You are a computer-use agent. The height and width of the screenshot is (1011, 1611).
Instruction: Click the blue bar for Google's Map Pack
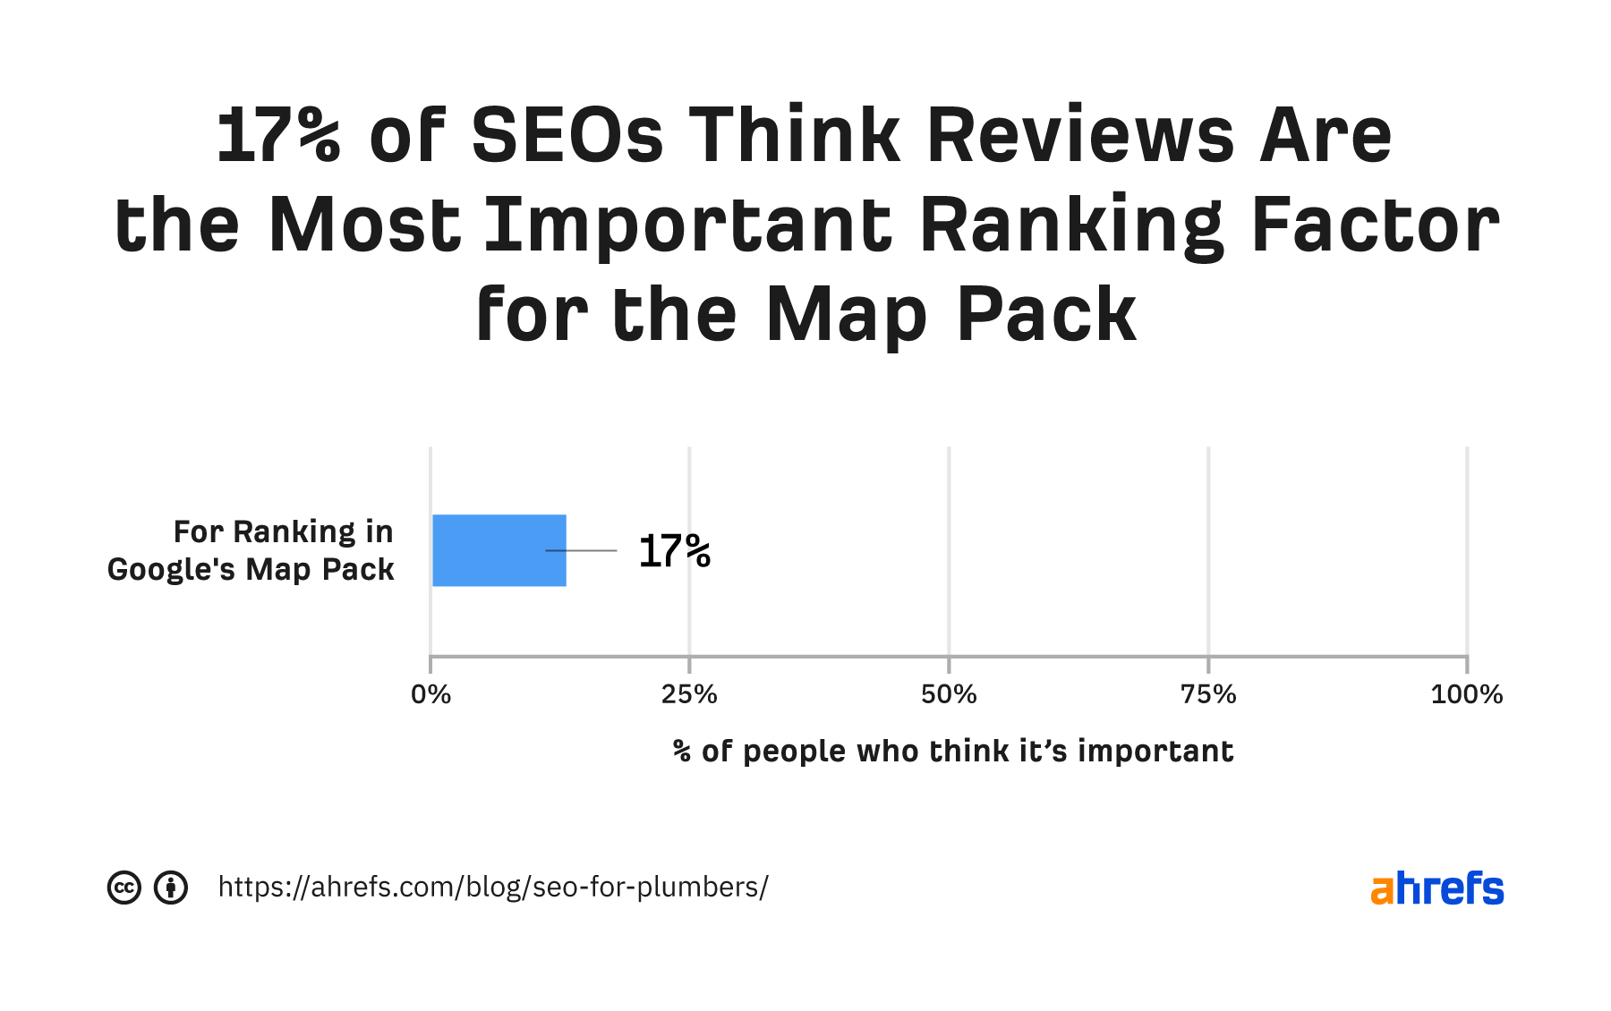pos(499,550)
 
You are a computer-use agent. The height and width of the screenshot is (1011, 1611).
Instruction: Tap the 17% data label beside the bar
pos(675,551)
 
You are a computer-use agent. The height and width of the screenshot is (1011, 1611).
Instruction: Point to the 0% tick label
pos(430,695)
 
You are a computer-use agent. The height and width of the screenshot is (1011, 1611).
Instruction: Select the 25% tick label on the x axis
pos(689,695)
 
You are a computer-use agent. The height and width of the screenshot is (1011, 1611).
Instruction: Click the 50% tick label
pos(949,695)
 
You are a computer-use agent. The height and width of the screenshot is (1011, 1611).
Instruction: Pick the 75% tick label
pos(1208,695)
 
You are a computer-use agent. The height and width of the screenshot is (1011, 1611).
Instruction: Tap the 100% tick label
pos(1466,695)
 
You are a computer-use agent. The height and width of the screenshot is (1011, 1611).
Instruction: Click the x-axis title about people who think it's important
pos(953,752)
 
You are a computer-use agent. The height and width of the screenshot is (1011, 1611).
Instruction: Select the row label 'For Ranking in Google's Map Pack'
pos(251,550)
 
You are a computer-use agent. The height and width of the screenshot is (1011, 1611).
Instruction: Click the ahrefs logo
pos(1436,888)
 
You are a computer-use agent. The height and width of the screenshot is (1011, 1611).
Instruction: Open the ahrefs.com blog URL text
pos(493,888)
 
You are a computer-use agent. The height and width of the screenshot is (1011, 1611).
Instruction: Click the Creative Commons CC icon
pos(124,888)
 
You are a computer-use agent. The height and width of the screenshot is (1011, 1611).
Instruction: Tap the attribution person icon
pos(171,888)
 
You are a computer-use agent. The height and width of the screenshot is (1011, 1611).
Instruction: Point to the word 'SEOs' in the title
pos(567,136)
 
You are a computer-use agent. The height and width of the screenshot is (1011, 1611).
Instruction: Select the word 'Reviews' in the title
pos(1082,136)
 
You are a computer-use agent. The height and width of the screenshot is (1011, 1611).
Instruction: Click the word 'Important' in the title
pos(688,225)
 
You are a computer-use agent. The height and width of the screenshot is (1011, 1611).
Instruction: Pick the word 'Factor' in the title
pos(1376,225)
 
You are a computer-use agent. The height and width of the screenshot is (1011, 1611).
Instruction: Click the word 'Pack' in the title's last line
pos(1046,315)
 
